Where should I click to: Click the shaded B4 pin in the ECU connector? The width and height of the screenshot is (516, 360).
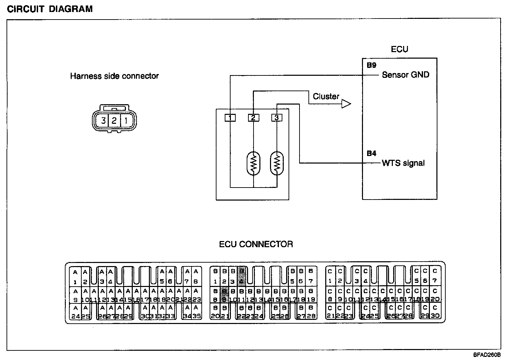[x=242, y=276]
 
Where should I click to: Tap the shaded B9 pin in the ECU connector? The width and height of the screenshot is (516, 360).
[x=224, y=295]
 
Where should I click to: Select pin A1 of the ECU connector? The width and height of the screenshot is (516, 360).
[x=75, y=277]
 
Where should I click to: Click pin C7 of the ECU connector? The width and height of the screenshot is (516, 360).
[x=435, y=276]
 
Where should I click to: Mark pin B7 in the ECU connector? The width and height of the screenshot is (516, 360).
[x=311, y=276]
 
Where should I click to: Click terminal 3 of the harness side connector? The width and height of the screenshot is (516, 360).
[x=103, y=121]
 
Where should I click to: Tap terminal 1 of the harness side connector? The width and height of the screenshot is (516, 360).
[x=126, y=121]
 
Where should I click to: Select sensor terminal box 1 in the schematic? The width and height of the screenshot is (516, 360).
[x=230, y=118]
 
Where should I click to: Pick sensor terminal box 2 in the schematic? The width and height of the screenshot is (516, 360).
[x=253, y=118]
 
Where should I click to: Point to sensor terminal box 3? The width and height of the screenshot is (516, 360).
[x=277, y=118]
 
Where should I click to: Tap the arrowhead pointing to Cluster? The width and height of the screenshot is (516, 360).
[x=346, y=104]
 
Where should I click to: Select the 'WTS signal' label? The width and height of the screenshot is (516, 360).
[x=403, y=163]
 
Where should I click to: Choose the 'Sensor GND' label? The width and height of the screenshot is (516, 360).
[x=406, y=75]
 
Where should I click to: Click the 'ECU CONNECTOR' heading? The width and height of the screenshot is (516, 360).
[x=256, y=244]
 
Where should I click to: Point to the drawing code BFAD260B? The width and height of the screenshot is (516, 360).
[x=487, y=355]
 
